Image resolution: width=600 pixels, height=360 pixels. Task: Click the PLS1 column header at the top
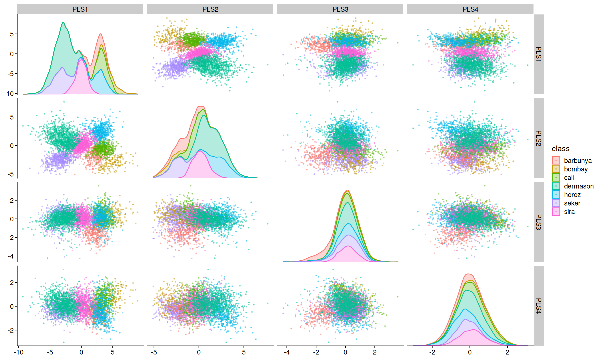pyautogui.click(x=80, y=9)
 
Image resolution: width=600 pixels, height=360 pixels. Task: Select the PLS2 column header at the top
pyautogui.click(x=210, y=9)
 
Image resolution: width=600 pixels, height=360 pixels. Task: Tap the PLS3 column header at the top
pyautogui.click(x=340, y=9)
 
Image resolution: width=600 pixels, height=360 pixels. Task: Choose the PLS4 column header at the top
pyautogui.click(x=470, y=9)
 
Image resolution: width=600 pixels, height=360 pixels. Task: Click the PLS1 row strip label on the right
pyautogui.click(x=538, y=54)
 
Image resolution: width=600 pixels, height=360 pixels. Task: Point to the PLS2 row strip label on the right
pyautogui.click(x=538, y=138)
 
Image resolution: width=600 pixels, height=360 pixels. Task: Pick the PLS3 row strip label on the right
pyautogui.click(x=538, y=222)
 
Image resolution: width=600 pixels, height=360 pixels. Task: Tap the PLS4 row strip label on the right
pyautogui.click(x=538, y=306)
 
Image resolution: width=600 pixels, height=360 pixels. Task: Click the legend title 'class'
pyautogui.click(x=560, y=149)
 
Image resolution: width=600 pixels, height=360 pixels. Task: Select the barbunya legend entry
pyautogui.click(x=577, y=161)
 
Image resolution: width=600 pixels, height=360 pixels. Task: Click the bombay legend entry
pyautogui.click(x=575, y=169)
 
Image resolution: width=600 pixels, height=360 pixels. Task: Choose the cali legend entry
pyautogui.click(x=569, y=178)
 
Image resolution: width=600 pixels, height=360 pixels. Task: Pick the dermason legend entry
pyautogui.click(x=578, y=186)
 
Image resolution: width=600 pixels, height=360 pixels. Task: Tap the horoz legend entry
pyautogui.click(x=572, y=195)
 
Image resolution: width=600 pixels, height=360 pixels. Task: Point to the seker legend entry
pyautogui.click(x=572, y=203)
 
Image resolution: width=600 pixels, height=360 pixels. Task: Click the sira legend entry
pyautogui.click(x=569, y=212)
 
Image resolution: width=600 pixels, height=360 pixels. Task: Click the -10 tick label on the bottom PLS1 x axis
pyautogui.click(x=19, y=352)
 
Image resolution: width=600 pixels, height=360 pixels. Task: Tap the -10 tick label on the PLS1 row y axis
pyautogui.click(x=9, y=94)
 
